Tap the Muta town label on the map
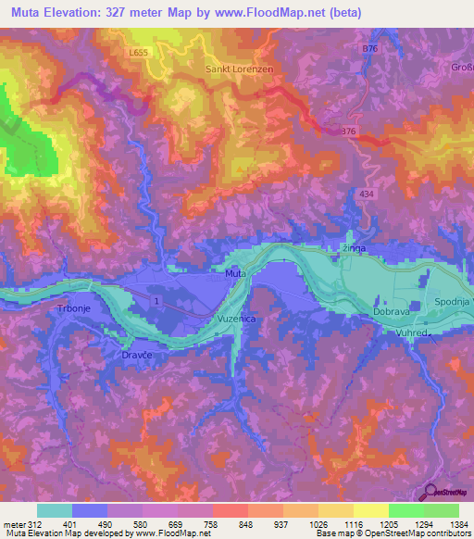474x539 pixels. point(235,273)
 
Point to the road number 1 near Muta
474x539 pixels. point(158,302)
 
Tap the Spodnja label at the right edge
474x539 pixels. point(454,303)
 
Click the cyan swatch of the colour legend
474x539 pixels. point(54,510)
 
